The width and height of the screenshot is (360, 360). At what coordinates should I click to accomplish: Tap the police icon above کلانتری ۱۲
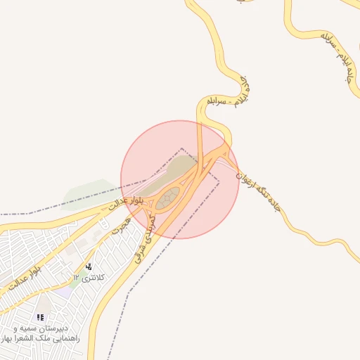pyautogui.click(x=89, y=267)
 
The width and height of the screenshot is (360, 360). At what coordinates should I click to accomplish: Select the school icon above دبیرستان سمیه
pyautogui.click(x=40, y=318)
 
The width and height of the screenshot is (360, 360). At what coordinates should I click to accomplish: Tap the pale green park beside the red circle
pyautogui.click(x=89, y=192)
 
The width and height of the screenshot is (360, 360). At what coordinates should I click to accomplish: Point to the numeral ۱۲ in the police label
pyautogui.click(x=76, y=278)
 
